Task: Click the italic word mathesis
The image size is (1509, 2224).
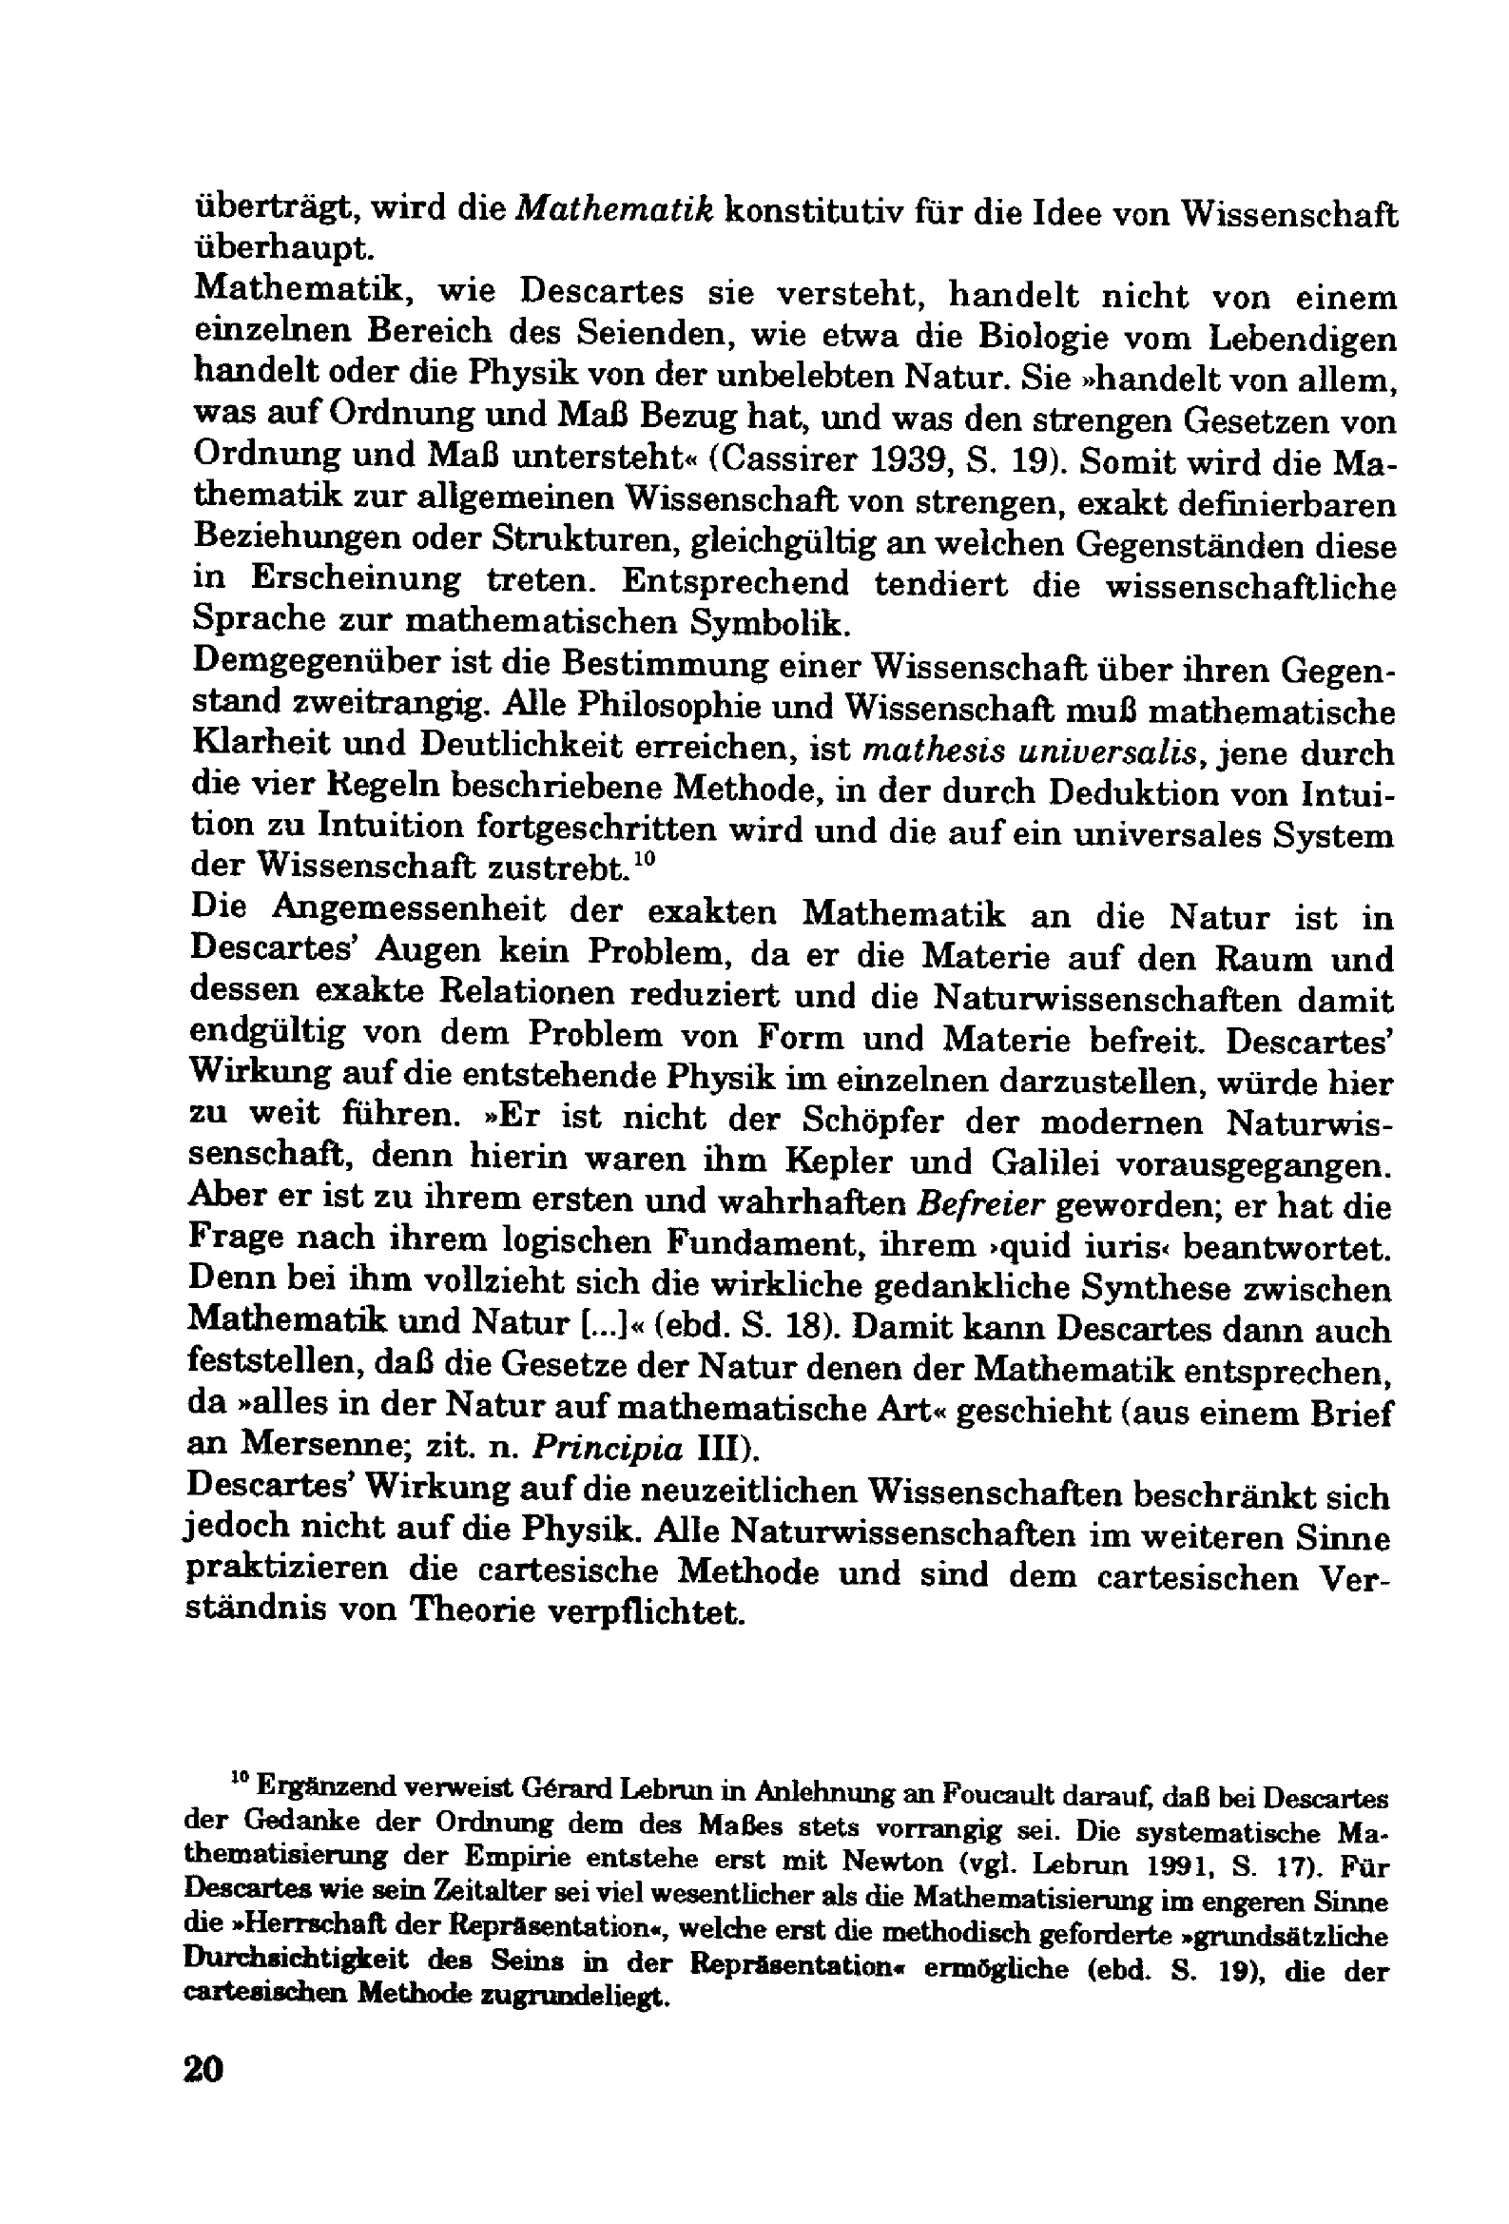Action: pos(920,752)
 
